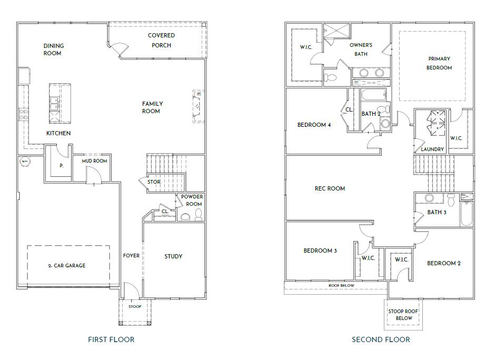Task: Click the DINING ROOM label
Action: (x=53, y=49)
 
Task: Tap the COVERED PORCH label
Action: (x=161, y=41)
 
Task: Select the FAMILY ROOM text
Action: (x=152, y=107)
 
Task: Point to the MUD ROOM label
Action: (x=94, y=161)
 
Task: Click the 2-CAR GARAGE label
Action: (x=66, y=266)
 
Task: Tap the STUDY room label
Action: (x=173, y=256)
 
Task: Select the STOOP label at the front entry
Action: (x=135, y=306)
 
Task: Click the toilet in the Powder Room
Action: (x=199, y=214)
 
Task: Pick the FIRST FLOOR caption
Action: (x=111, y=339)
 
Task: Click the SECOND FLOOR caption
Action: (x=381, y=339)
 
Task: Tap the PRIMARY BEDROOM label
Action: (x=439, y=63)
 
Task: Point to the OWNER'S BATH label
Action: (x=361, y=49)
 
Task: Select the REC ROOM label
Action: (x=330, y=188)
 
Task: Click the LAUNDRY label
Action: (x=432, y=149)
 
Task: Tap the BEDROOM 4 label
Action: (x=314, y=125)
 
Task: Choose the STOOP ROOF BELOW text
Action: (x=404, y=315)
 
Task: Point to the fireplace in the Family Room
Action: (x=199, y=106)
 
